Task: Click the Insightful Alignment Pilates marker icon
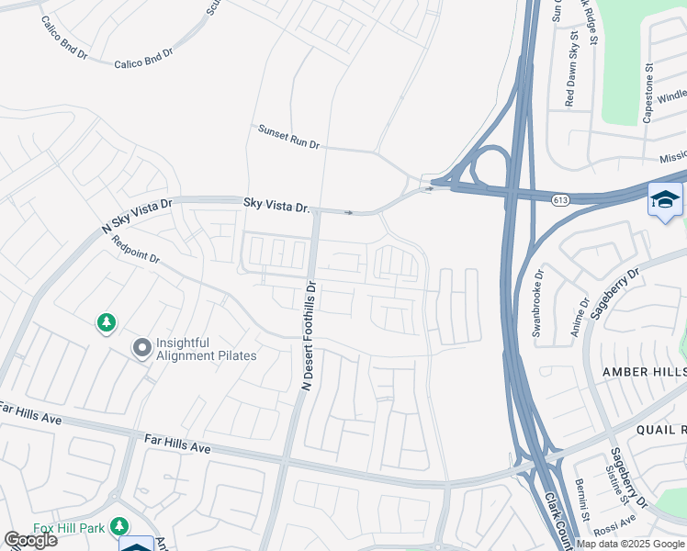coord(141,348)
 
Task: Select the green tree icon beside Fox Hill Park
coord(118,525)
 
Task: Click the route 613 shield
coord(559,199)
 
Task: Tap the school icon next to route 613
coord(664,200)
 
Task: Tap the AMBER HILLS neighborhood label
coord(643,371)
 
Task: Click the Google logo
coord(30,540)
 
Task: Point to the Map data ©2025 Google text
coord(630,544)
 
